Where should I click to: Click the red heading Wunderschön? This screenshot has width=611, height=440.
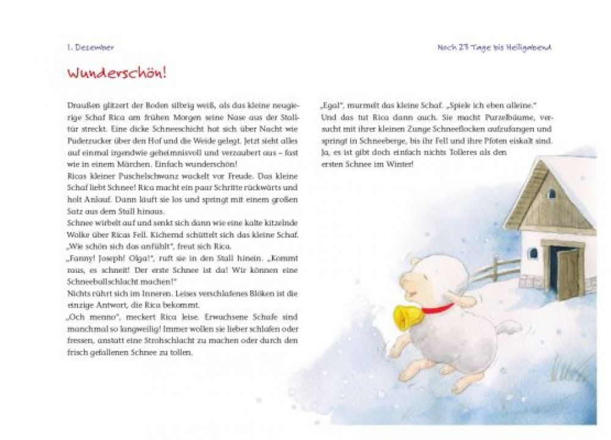click(x=117, y=74)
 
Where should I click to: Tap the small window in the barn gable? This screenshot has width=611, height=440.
click(x=552, y=194)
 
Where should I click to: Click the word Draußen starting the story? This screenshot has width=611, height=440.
click(x=81, y=106)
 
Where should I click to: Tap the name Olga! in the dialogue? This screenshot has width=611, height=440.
click(x=139, y=258)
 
